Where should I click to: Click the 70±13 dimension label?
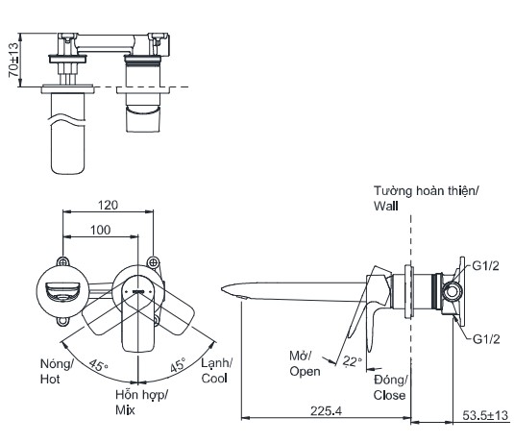tap(13, 60)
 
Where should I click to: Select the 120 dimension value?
tap(108, 206)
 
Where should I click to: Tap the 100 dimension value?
tap(100, 230)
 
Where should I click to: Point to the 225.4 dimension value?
tap(326, 411)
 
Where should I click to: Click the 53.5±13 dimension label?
tap(485, 415)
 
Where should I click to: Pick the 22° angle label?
tap(352, 361)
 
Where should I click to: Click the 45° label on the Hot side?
tap(98, 364)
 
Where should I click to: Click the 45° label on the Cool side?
tap(178, 364)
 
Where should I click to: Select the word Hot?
tap(50, 379)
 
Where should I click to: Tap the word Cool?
tap(214, 379)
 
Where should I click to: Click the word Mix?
tap(125, 410)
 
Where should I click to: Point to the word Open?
tap(305, 372)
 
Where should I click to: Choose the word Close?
tap(389, 395)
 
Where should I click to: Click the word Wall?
tap(386, 206)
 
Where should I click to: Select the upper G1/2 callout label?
tap(485, 265)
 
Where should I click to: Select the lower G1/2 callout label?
tap(486, 339)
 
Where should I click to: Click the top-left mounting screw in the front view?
tap(63, 262)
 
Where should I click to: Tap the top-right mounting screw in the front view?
tap(153, 262)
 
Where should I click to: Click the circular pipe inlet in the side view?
tap(453, 291)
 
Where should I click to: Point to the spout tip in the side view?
tap(222, 289)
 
